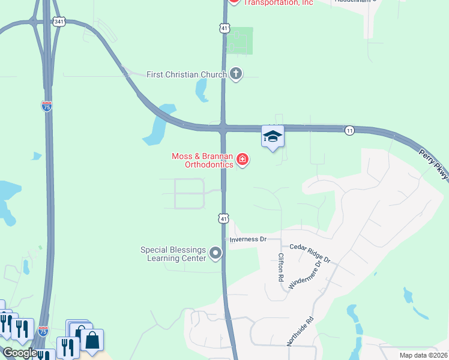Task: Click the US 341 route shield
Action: [x=58, y=22]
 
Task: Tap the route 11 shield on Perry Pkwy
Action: [x=349, y=130]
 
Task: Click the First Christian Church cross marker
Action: [x=236, y=74]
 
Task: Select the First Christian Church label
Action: [x=186, y=74]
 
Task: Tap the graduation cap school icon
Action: [x=273, y=137]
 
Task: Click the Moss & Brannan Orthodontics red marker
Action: [x=243, y=160]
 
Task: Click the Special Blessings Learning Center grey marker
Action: [x=215, y=254]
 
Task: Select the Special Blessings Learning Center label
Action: [x=173, y=254]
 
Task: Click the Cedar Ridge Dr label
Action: [x=310, y=253]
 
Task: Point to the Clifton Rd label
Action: [x=280, y=268]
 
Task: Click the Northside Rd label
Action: [x=300, y=331]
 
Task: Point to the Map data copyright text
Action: [x=424, y=355]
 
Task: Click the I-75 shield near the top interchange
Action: [x=47, y=106]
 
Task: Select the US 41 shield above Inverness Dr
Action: [x=223, y=219]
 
